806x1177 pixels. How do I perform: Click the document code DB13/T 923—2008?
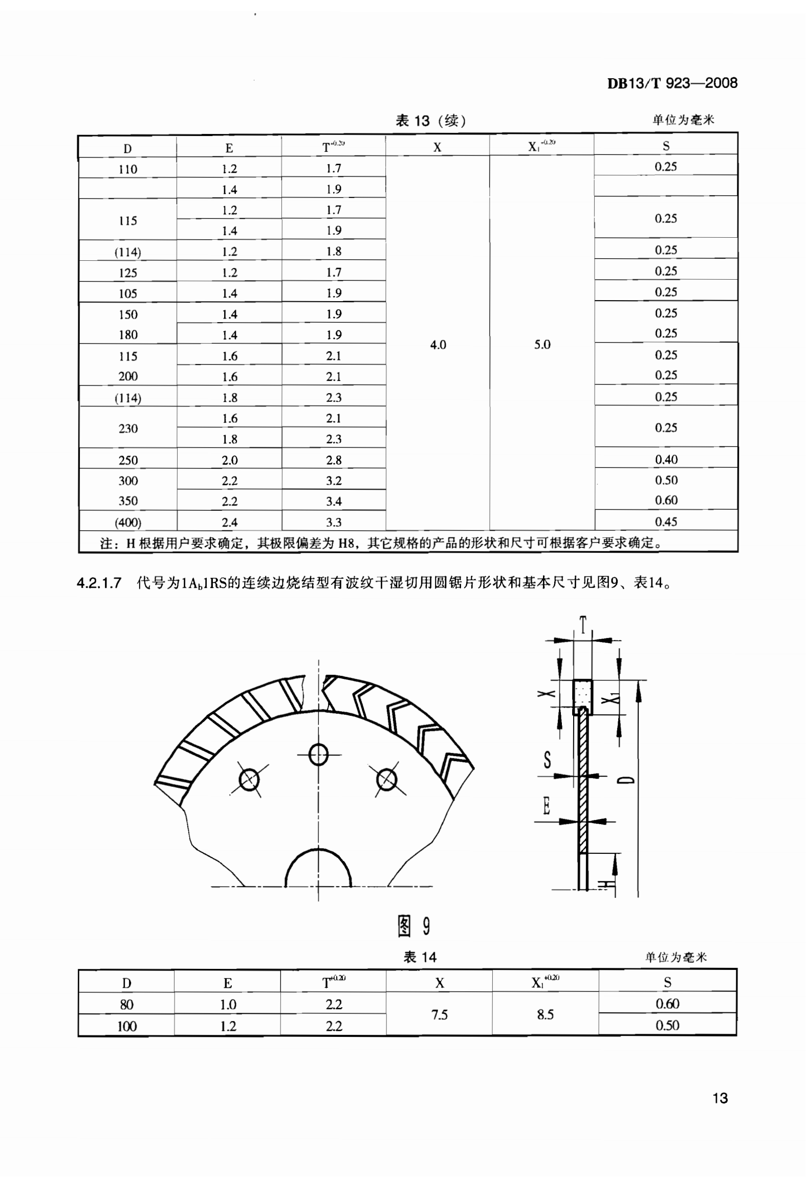[672, 83]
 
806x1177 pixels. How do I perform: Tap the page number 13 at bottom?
[720, 1098]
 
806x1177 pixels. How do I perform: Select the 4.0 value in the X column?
[438, 345]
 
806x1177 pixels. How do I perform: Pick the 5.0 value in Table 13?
[542, 345]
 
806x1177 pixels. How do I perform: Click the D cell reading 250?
[128, 460]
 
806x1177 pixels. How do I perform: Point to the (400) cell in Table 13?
[128, 523]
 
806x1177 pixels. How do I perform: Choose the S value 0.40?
[666, 460]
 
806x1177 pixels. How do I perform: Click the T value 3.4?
[334, 502]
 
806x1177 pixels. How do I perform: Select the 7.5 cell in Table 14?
[439, 1014]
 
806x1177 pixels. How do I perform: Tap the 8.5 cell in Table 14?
[545, 1014]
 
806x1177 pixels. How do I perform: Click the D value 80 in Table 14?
[126, 1005]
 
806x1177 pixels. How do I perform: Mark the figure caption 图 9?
[413, 926]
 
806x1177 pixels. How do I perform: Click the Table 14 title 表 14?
[420, 957]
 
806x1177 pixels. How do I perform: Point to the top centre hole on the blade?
[318, 754]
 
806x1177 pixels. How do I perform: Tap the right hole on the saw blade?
[386, 780]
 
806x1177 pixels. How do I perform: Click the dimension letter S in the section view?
[547, 760]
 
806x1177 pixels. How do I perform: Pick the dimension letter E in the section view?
[547, 806]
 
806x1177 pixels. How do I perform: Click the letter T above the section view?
[582, 625]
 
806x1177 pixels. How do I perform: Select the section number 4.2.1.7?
[99, 583]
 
